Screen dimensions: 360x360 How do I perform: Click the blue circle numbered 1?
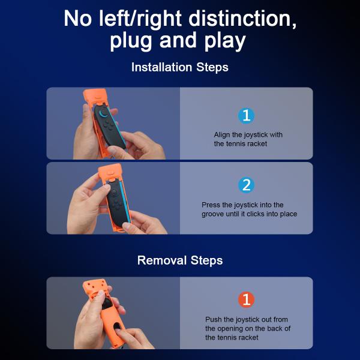[x=246, y=116]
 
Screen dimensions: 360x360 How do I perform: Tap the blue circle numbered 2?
[x=246, y=185]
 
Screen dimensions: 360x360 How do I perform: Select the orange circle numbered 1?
[x=246, y=299]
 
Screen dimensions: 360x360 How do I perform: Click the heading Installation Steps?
[x=180, y=67]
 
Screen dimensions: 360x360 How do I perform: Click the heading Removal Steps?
[x=180, y=260]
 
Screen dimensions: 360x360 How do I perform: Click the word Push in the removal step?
[x=214, y=320]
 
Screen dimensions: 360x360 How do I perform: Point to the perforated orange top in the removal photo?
[x=96, y=291]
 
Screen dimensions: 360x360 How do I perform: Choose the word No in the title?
[x=79, y=18]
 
